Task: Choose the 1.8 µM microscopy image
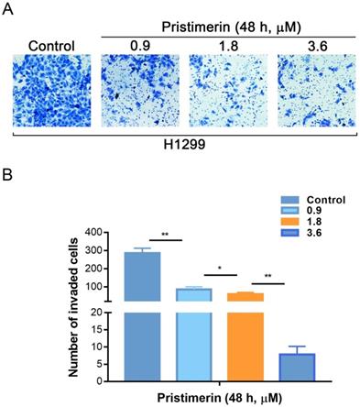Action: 221,89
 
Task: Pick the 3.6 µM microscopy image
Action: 309,89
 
